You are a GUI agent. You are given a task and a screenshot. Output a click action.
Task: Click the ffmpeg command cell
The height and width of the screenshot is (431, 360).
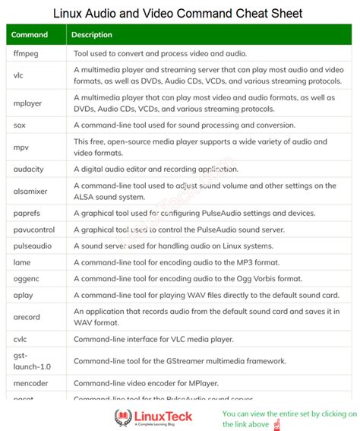(x=25, y=54)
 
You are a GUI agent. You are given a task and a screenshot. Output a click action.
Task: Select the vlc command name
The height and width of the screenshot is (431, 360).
(x=19, y=75)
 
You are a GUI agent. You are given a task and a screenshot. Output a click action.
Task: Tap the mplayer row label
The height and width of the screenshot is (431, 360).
(x=28, y=101)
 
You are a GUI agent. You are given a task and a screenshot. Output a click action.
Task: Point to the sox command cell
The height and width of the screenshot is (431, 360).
(x=20, y=124)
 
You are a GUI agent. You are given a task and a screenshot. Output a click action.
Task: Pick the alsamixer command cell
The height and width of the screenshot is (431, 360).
(x=31, y=190)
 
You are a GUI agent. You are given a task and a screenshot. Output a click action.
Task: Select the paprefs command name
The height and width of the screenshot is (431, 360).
(x=27, y=213)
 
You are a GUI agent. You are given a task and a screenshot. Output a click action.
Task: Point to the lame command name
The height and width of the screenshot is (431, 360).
(x=21, y=261)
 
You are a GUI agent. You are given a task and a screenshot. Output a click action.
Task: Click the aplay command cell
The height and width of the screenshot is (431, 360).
(x=24, y=294)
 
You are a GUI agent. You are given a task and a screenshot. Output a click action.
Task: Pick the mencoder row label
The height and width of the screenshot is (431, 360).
(x=30, y=382)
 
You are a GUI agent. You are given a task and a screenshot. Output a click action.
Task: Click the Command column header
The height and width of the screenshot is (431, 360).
(x=30, y=34)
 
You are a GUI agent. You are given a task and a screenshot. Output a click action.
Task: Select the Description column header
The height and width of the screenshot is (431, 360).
(x=92, y=34)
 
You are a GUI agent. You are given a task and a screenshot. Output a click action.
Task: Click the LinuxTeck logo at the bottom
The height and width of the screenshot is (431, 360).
(x=153, y=417)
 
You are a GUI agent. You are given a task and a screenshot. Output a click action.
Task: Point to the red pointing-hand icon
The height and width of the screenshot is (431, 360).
(x=275, y=423)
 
